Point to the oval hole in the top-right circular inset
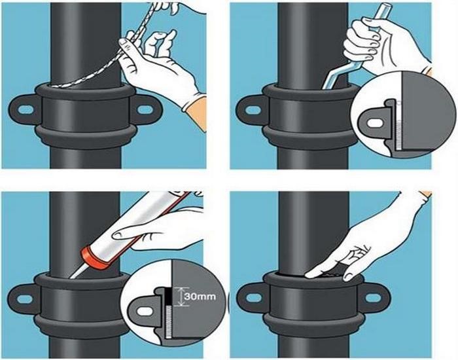tap(375, 121)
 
